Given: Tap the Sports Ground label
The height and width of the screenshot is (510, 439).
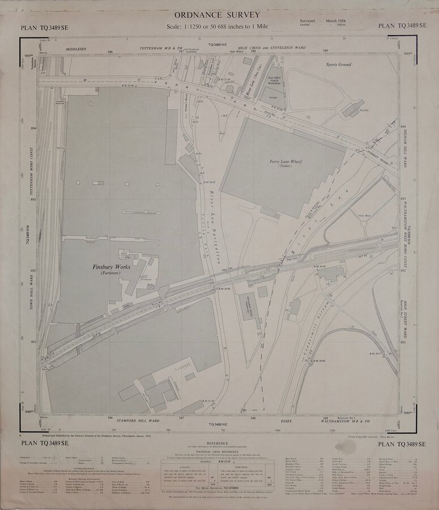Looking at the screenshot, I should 338,65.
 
